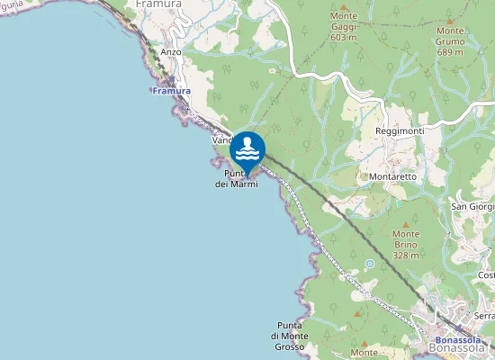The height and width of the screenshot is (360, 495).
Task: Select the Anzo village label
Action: click(171, 52)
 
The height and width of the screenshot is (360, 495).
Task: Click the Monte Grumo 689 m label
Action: click(450, 41)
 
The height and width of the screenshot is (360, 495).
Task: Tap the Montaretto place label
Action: click(392, 176)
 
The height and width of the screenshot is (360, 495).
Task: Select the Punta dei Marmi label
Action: click(237, 178)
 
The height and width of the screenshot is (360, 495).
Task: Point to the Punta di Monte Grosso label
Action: click(289, 336)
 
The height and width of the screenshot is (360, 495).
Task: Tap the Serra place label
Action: click(484, 316)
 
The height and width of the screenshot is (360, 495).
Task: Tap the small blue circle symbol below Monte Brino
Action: click(370, 264)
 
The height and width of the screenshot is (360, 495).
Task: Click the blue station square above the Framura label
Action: click(171, 81)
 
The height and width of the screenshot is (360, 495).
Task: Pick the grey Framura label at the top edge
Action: click(158, 4)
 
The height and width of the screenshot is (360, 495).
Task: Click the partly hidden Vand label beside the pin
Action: click(221, 141)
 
